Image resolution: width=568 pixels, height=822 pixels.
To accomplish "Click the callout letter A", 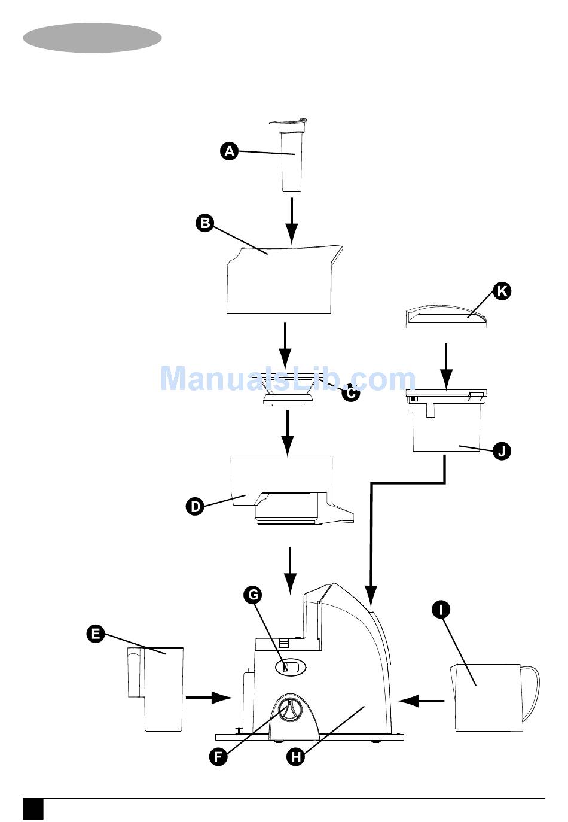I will click(229, 151).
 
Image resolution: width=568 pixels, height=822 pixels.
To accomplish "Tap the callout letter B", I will click(205, 224).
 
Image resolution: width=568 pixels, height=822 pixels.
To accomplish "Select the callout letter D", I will click(196, 507).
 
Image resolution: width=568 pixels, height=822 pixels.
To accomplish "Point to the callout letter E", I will click(96, 634).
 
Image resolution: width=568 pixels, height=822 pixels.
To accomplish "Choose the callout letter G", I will click(253, 595).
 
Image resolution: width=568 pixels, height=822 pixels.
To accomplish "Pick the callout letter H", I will click(295, 756).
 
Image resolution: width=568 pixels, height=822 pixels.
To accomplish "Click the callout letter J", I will click(502, 450).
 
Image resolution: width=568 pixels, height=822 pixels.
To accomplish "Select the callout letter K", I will click(502, 291).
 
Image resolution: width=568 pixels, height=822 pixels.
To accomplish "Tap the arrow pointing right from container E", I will click(209, 697).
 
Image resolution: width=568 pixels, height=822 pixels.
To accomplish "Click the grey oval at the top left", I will click(93, 38).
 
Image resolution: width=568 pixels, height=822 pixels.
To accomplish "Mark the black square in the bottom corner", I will click(33, 808).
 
